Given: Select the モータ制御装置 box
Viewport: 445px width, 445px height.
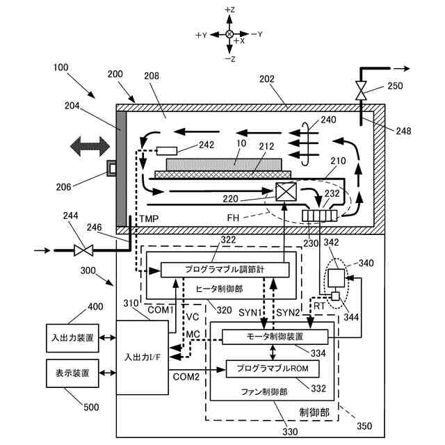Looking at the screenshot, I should click(x=275, y=337).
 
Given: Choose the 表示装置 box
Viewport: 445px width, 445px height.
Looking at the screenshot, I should click(x=72, y=373).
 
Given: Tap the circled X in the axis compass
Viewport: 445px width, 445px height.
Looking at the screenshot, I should click(x=229, y=34).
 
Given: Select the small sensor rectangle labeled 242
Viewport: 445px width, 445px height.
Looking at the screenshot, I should click(x=167, y=151).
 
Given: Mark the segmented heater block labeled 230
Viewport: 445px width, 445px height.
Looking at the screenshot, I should click(x=321, y=216).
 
